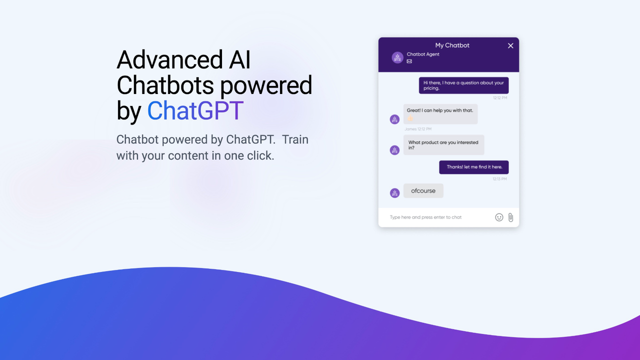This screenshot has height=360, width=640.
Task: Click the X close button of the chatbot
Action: pos(510,45)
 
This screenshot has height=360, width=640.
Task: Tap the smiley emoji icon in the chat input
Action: pos(499,217)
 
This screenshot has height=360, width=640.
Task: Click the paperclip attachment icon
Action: pos(510,217)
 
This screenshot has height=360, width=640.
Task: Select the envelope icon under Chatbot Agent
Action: pos(409,61)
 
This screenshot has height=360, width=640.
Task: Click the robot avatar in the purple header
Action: pos(397,57)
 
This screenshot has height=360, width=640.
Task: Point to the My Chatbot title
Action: pos(452,45)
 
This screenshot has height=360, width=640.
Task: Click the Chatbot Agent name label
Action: pos(423,54)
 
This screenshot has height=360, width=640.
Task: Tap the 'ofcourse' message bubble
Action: pos(423,191)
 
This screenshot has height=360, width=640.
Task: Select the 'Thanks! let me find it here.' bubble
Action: pos(473,167)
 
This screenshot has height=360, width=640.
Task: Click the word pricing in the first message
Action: pos(431,88)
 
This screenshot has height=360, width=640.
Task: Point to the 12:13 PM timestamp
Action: pos(499,178)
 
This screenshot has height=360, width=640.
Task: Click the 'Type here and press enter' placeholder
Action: pos(425,217)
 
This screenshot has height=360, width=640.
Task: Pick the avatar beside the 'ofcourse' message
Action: pos(394,193)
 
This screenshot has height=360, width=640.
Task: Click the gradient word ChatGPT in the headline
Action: pos(195,111)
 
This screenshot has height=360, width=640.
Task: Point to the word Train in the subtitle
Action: pos(295,139)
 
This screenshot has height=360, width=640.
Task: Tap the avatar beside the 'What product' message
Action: pos(394,150)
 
